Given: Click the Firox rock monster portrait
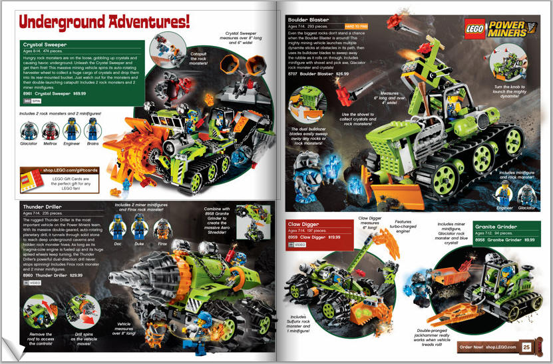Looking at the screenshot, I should pos(161,229).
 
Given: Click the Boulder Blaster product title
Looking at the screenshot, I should pos(308,21).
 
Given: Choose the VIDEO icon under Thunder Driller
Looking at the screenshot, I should pos(29,283).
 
